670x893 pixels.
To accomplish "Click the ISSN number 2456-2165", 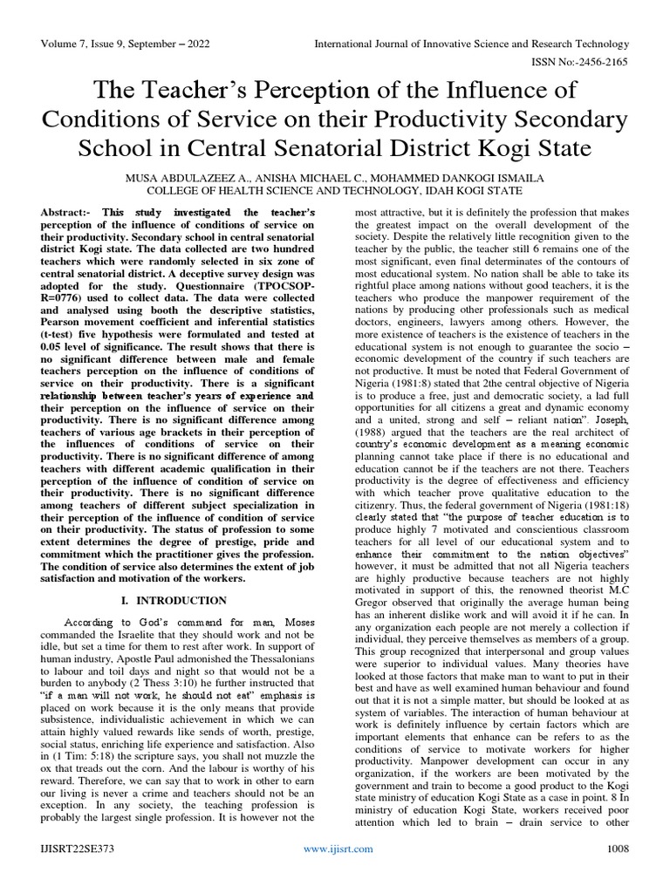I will [x=606, y=64].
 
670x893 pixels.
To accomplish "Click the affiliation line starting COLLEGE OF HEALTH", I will [x=334, y=191].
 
